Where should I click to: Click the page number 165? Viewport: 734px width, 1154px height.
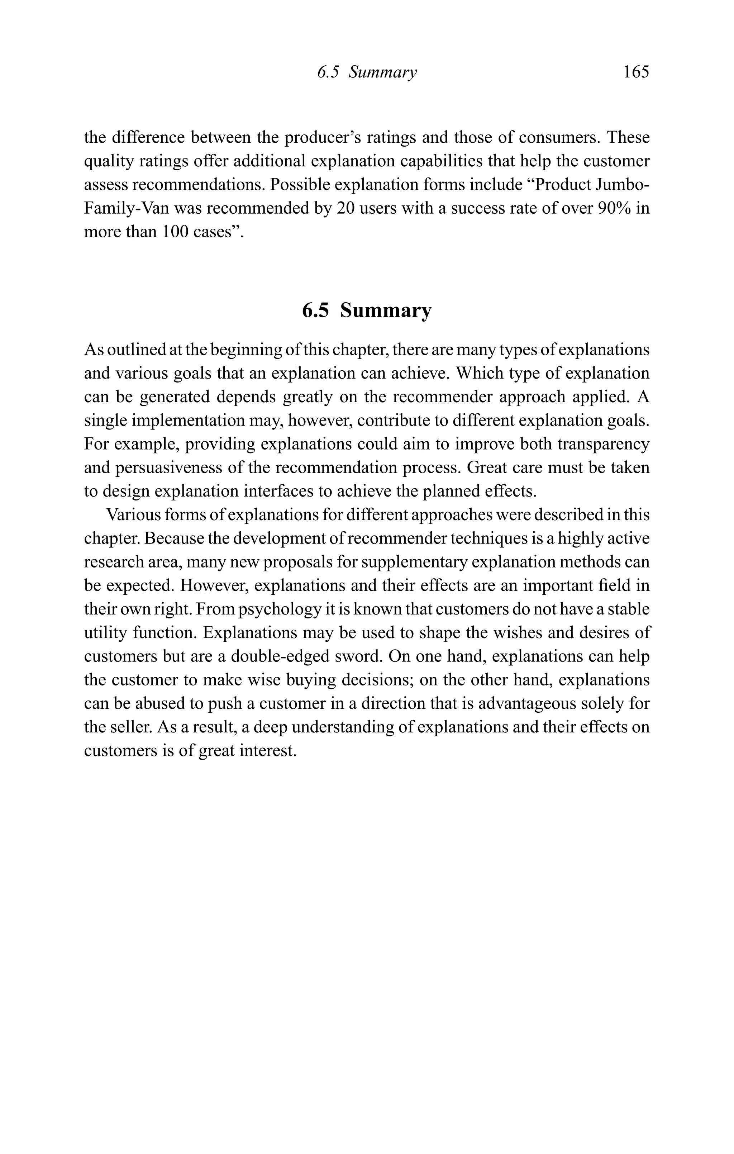tap(636, 72)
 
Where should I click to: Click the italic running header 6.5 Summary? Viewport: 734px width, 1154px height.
tap(367, 72)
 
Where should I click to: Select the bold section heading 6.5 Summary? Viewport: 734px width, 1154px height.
tap(367, 310)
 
